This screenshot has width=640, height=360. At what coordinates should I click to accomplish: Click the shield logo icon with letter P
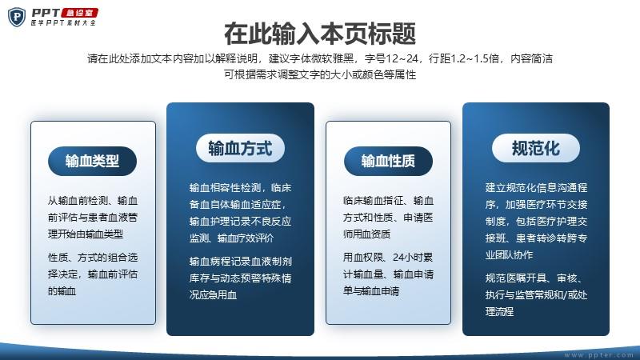(x=17, y=17)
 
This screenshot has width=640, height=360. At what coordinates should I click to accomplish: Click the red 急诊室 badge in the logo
(x=79, y=13)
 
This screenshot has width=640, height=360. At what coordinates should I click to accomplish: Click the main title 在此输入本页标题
(x=320, y=34)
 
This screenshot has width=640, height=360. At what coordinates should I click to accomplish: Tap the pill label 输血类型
(x=92, y=161)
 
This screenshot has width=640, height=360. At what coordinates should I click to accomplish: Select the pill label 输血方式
(x=241, y=148)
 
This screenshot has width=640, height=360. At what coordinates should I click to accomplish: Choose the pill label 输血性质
(x=388, y=161)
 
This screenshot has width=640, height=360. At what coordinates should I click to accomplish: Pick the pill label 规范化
(x=536, y=148)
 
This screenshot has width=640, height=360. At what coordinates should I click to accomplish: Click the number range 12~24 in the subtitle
(x=402, y=58)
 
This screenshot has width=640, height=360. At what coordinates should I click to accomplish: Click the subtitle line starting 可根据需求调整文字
(x=320, y=74)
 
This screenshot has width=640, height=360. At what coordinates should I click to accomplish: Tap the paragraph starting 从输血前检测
(x=93, y=217)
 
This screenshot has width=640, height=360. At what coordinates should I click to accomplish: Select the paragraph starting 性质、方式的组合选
(x=93, y=274)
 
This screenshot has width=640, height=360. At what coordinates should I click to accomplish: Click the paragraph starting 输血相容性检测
(x=241, y=213)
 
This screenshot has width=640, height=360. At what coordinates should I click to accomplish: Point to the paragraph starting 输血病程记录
(x=241, y=278)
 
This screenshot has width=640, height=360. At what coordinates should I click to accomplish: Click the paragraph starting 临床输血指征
(x=388, y=217)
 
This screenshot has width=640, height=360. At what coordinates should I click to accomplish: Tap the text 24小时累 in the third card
(x=413, y=257)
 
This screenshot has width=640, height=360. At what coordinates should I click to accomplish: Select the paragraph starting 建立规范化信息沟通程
(x=536, y=222)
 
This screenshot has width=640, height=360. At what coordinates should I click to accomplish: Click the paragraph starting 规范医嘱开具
(x=536, y=294)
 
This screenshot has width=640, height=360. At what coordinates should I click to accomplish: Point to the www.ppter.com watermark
(x=598, y=355)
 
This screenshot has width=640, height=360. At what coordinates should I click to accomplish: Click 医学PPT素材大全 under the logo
(x=63, y=23)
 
